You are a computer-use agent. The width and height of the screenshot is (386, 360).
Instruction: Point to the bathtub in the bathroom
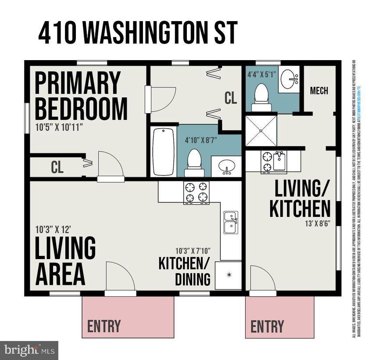point(164,151)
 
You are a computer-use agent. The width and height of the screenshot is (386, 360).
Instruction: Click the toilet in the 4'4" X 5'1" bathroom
point(261,97)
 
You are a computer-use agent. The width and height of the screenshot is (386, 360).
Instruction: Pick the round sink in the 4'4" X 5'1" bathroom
point(289,79)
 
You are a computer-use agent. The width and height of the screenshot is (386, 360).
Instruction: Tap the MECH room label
point(319,91)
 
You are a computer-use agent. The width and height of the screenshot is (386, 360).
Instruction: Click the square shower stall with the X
point(261,130)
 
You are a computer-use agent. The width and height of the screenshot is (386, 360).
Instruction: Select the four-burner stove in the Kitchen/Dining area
point(196,192)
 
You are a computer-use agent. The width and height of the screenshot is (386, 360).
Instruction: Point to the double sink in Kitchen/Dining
point(231,222)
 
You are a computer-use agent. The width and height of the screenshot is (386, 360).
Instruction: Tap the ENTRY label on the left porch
point(104,326)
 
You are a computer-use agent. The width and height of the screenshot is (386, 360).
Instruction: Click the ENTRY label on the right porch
point(267,326)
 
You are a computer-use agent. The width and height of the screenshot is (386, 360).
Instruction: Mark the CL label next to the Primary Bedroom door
point(57,167)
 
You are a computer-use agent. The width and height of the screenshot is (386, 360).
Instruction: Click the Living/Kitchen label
point(300,200)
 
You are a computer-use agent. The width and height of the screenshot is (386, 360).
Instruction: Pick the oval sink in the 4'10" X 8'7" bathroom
point(226,166)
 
